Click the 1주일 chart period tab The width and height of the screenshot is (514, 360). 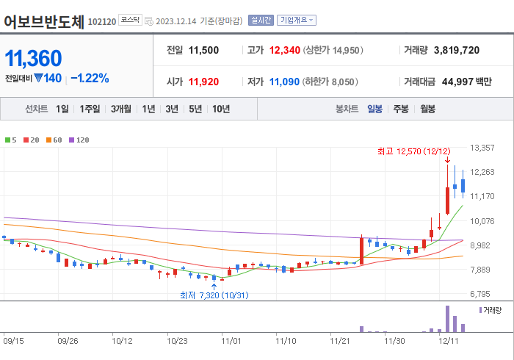coord(90,109)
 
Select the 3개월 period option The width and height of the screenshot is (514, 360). coord(121,109)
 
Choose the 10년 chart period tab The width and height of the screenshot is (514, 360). coord(221,109)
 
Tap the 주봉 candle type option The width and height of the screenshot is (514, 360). coord(401,109)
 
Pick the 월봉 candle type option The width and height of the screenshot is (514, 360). coord(428,109)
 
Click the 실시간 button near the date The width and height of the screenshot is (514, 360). coord(261,21)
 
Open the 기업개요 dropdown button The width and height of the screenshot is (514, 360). coord(297,21)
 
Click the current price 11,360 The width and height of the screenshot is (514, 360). coord(34,58)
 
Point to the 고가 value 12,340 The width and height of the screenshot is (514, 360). coord(286,50)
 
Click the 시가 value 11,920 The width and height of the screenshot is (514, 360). coord(203,82)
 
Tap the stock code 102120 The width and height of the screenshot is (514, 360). coord(101,21)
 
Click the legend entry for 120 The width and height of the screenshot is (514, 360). coord(80,140)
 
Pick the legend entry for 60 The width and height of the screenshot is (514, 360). coord(54,140)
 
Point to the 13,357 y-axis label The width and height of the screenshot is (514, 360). coord(482,148)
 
